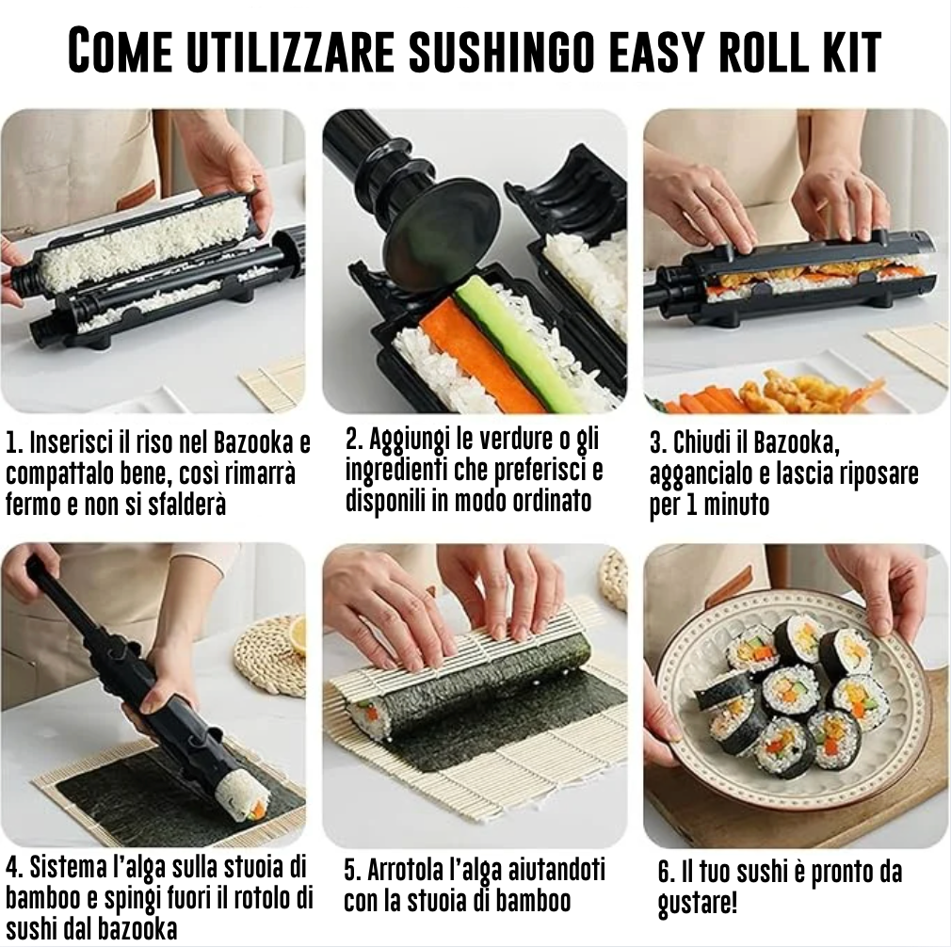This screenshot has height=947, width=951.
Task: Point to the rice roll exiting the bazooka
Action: point(243,795)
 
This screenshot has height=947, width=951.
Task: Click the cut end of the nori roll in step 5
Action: point(368,716)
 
